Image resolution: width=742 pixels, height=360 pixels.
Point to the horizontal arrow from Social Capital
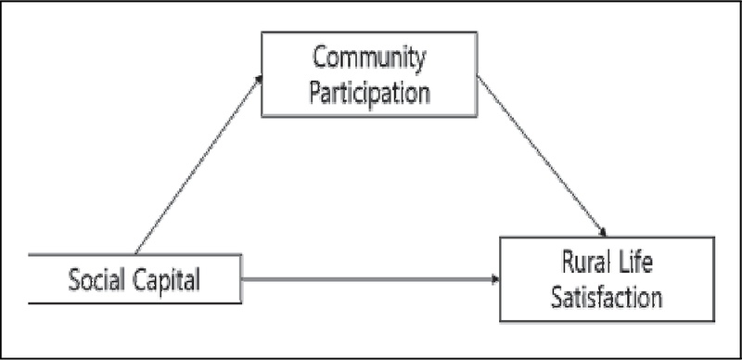[371, 277]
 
